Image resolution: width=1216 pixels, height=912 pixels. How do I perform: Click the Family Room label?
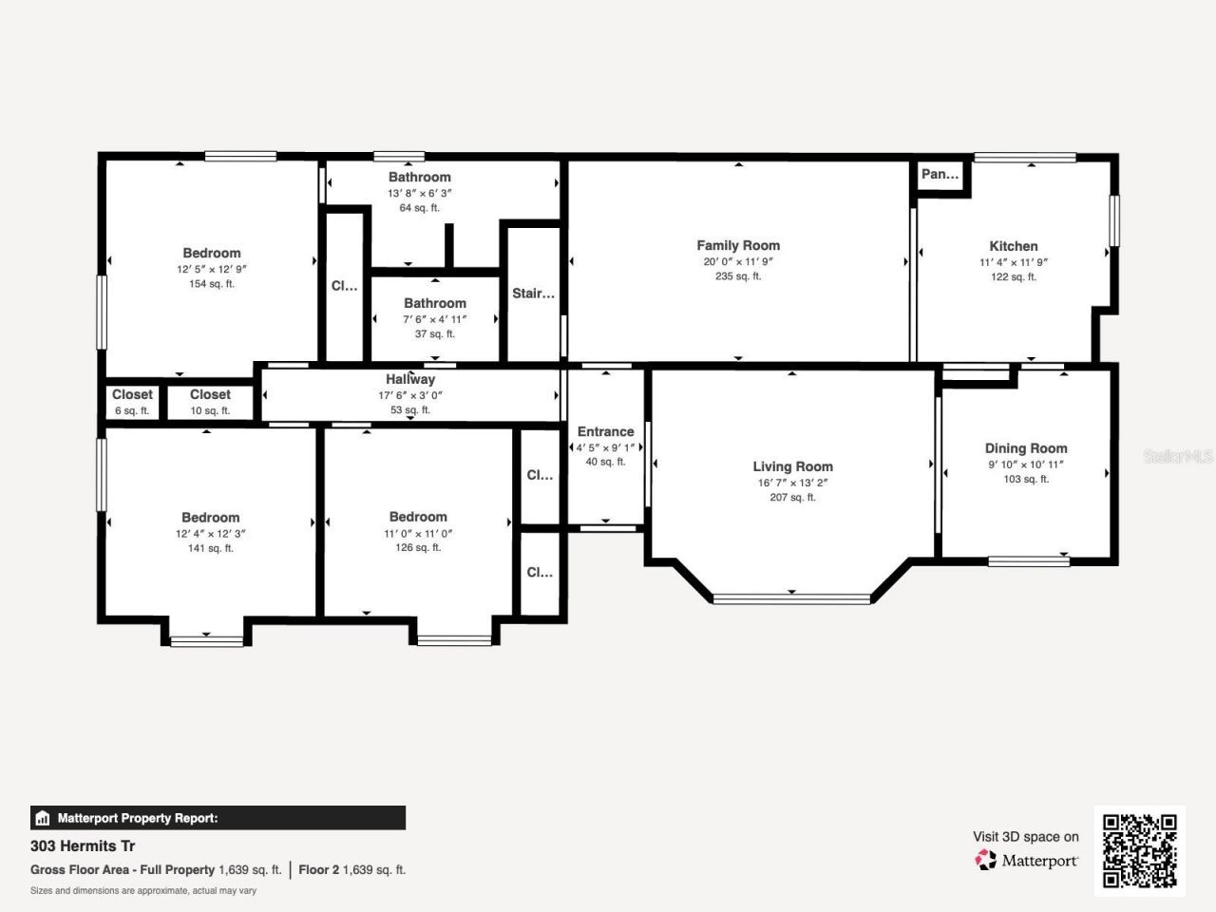click(x=738, y=245)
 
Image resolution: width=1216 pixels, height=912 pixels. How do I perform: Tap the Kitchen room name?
click(x=1013, y=246)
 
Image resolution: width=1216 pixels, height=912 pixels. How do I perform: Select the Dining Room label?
click(x=1026, y=448)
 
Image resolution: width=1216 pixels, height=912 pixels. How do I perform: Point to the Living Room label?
click(x=792, y=466)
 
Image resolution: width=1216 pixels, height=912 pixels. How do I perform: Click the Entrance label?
click(x=605, y=431)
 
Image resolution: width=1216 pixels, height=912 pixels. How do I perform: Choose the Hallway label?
click(x=410, y=379)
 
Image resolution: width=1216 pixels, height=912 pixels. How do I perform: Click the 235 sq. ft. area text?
click(x=738, y=276)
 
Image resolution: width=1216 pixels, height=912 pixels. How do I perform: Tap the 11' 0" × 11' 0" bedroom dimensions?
click(x=418, y=534)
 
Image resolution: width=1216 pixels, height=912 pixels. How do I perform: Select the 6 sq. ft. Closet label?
click(x=132, y=395)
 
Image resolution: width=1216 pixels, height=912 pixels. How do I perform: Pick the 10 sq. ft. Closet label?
click(x=210, y=395)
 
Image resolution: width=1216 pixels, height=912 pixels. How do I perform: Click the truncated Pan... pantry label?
click(x=940, y=174)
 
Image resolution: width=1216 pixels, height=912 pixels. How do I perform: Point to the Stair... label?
click(x=533, y=294)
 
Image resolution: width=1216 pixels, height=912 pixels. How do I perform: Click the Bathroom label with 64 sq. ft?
click(x=419, y=178)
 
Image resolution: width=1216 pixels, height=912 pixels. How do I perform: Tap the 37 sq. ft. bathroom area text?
click(x=435, y=334)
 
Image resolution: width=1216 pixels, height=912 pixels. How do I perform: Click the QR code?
click(x=1139, y=850)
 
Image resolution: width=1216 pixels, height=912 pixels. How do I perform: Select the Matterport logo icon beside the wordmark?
click(x=985, y=861)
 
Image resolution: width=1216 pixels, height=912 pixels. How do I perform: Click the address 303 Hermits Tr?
click(x=83, y=845)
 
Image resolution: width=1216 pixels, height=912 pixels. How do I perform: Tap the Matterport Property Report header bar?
click(x=218, y=818)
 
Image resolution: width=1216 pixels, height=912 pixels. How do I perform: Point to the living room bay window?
click(x=791, y=598)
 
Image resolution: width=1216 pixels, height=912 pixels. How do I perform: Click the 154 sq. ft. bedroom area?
click(x=211, y=284)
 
